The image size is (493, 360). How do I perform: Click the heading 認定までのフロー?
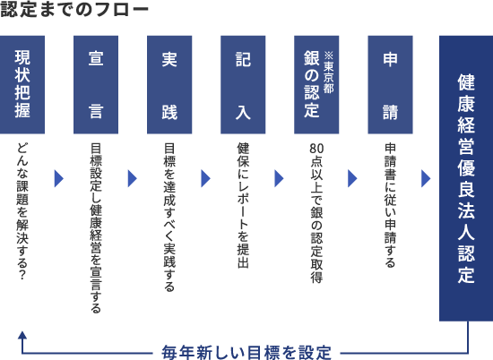click(74, 9)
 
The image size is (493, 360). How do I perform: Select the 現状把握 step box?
click(22, 85)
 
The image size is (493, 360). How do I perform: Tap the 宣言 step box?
click(96, 85)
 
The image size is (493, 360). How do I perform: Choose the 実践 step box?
click(169, 85)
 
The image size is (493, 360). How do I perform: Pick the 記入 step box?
click(243, 85)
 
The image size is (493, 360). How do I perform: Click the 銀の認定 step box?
click(316, 85)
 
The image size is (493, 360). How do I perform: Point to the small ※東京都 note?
click(328, 73)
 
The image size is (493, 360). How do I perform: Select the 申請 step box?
click(390, 85)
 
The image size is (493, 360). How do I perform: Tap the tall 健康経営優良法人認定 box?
click(466, 178)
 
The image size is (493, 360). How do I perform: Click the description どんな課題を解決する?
click(22, 211)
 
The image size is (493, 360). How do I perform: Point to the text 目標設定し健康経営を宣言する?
click(96, 228)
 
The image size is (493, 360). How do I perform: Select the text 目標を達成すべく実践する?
click(169, 218)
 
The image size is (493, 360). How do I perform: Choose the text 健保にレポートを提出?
click(243, 205)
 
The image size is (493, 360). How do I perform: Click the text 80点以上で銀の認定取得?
click(316, 213)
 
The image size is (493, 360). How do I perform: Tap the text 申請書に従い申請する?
click(390, 205)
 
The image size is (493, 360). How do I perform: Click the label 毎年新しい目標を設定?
click(246, 353)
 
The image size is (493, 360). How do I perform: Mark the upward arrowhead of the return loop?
click(22, 335)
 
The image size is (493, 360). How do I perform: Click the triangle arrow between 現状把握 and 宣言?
click(59, 179)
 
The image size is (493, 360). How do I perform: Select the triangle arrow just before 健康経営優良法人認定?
click(426, 179)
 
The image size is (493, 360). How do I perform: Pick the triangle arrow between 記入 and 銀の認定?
click(279, 179)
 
